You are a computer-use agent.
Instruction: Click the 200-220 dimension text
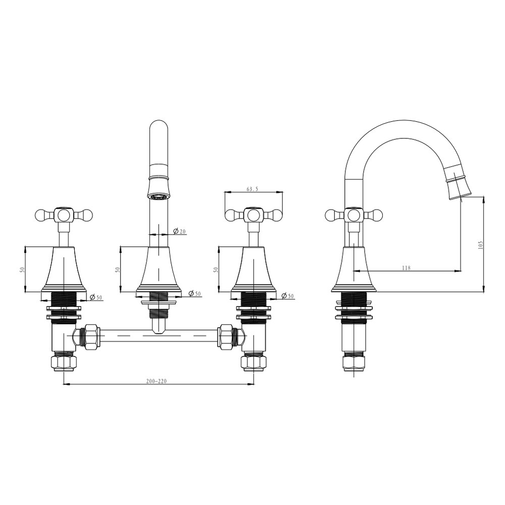pyautogui.click(x=157, y=381)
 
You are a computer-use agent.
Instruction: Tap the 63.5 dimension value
pyautogui.click(x=252, y=189)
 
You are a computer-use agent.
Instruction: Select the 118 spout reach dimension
pyautogui.click(x=407, y=268)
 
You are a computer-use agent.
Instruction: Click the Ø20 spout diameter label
pyautogui.click(x=180, y=231)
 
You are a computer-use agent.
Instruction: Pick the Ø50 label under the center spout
pyautogui.click(x=195, y=294)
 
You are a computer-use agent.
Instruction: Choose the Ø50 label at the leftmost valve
pyautogui.click(x=95, y=297)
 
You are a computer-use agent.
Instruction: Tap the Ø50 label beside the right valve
pyautogui.click(x=288, y=295)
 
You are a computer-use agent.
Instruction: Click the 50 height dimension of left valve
pyautogui.click(x=22, y=269)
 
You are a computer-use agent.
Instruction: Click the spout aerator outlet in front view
pyautogui.click(x=159, y=196)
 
